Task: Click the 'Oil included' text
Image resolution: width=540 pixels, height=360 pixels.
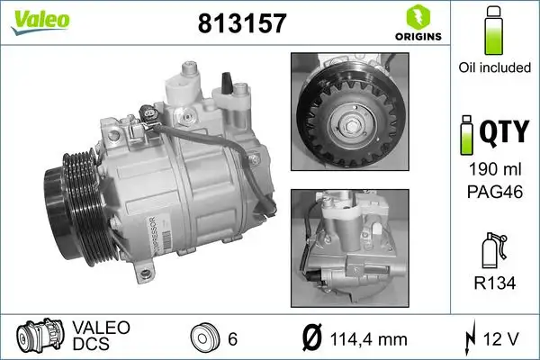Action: pyautogui.click(x=492, y=67)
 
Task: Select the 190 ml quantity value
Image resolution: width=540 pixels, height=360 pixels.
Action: pyautogui.click(x=492, y=171)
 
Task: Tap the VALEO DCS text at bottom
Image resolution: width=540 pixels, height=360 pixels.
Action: pyautogui.click(x=100, y=335)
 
